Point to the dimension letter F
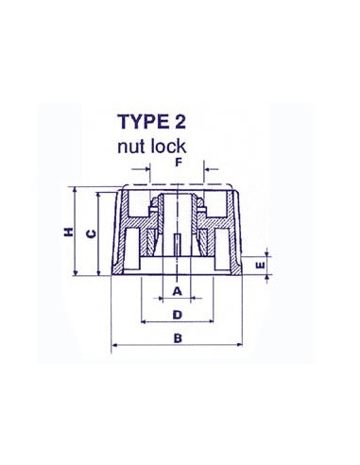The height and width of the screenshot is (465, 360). point(178,163)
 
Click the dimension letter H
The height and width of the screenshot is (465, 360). point(69,232)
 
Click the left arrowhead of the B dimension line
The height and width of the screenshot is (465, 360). point(114,347)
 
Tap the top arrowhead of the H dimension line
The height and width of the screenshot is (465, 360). point(76,189)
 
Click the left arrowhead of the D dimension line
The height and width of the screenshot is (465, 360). point(142,322)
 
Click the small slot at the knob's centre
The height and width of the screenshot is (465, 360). point(178,241)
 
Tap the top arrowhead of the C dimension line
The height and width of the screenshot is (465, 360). point(97,194)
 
